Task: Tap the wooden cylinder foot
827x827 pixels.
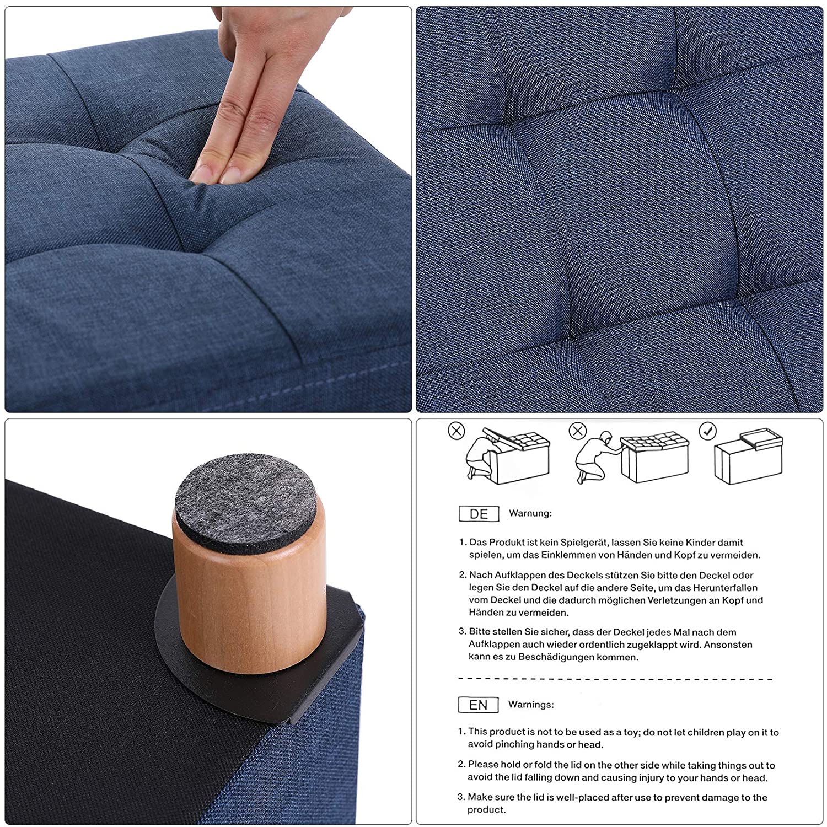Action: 249,590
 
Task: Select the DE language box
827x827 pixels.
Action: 479,514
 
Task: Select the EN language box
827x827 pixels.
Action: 478,705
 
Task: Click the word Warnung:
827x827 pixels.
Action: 530,513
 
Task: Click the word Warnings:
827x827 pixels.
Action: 531,705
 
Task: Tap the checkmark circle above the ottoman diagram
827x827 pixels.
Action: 708,431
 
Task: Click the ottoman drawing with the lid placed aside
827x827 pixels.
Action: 748,457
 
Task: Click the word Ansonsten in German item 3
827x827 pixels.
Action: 728,645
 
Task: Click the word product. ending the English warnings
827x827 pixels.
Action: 487,810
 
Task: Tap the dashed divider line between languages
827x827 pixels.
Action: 615,679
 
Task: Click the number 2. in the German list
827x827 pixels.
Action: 463,575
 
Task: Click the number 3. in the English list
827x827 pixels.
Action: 461,797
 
